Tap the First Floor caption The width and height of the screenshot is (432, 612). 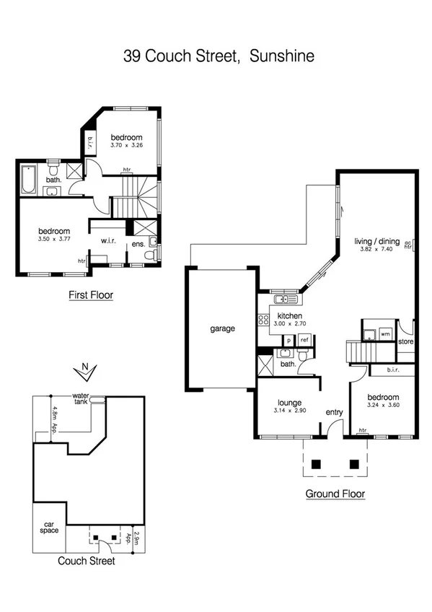pos(91,294)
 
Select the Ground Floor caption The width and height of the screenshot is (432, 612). pos(335,494)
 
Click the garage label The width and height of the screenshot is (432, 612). pos(223,328)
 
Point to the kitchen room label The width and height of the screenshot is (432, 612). pos(289,316)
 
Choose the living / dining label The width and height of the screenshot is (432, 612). pos(376,241)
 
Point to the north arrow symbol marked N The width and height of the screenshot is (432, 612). pos(85,370)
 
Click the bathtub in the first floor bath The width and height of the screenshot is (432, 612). pos(29,180)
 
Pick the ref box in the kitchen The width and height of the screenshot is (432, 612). pos(304,339)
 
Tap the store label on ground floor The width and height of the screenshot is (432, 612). pos(405,341)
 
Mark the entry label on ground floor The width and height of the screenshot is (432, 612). pos(335,412)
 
